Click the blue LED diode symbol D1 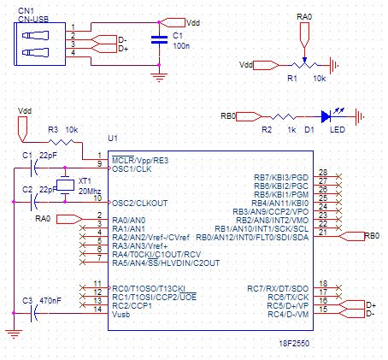click(326, 116)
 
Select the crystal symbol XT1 click(65, 186)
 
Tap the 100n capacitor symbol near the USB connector click(159, 40)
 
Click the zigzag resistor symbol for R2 click(283, 116)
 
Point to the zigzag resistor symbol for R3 click(62, 142)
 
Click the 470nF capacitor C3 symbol click(33, 313)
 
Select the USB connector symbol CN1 click(40, 44)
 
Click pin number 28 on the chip click(323, 172)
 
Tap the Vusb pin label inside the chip click(121, 315)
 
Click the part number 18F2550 click(294, 343)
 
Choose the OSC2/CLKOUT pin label click(139, 204)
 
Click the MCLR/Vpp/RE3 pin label click(140, 161)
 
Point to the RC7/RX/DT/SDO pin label click(278, 289)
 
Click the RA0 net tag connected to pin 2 click(69, 219)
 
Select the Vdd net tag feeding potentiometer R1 click(266, 65)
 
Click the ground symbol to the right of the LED click(360, 116)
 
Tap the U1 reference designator click(113, 139)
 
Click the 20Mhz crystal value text click(90, 191)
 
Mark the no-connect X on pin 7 click(82, 262)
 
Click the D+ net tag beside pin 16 click(352, 304)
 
